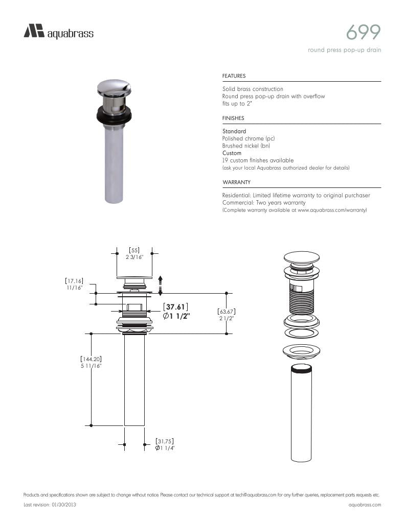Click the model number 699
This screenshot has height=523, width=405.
point(363,33)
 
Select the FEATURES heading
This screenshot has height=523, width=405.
point(234,76)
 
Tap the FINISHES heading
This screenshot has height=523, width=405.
point(233,118)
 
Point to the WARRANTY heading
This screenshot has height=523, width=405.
point(236,182)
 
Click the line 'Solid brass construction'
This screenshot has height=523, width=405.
point(253,89)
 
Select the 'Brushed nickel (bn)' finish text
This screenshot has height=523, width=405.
point(246,146)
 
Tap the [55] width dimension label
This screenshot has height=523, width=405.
point(134,250)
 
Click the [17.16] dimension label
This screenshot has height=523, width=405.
point(74,281)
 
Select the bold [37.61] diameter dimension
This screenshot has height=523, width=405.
point(176,306)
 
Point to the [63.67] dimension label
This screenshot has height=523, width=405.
point(226,311)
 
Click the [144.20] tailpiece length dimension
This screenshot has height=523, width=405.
point(91,359)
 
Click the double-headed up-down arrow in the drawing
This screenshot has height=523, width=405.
point(160,286)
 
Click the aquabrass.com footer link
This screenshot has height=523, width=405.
point(365,505)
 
